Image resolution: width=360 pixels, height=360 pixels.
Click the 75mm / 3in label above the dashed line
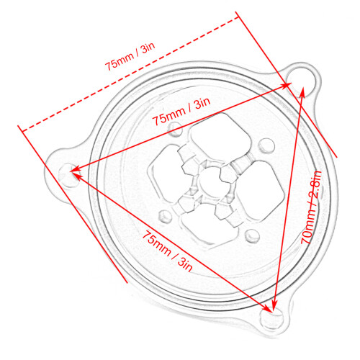click(x=130, y=56)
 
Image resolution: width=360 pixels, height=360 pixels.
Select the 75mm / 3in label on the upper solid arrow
click(x=181, y=112)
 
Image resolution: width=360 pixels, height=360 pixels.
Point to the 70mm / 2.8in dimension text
click(x=311, y=207)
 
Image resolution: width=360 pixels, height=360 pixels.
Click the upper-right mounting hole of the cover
click(x=301, y=81)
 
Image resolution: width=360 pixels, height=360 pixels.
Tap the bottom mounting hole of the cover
click(x=272, y=318)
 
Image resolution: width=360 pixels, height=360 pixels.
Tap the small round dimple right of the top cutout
click(x=267, y=145)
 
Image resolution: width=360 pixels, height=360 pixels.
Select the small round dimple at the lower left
click(x=166, y=215)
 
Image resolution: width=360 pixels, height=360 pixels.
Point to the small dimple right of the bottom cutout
click(x=253, y=236)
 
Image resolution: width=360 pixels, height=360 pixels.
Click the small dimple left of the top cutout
click(x=175, y=128)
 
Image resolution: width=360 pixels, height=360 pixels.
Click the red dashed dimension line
click(x=130, y=73)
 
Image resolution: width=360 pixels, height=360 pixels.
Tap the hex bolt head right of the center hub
click(x=228, y=174)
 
